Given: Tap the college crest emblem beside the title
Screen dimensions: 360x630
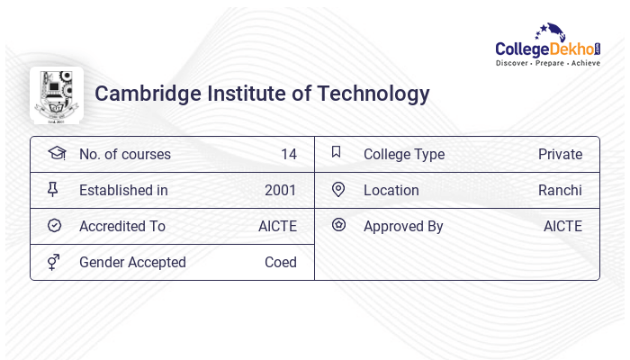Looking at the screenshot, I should pos(56,94).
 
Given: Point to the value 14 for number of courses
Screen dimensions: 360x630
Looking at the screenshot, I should pos(288,154).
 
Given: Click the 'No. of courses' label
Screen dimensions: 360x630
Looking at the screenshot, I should pos(124,154).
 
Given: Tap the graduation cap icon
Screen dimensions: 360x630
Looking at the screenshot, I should pos(56,153).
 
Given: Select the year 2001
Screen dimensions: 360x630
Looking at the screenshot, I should pos(280,190).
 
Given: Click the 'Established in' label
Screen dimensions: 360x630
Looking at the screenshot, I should pos(123,190).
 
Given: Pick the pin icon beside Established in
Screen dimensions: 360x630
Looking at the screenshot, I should pos(54,189).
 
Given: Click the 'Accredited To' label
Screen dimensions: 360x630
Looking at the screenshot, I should pos(122,226).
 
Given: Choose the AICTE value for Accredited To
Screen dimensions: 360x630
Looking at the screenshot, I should pos(277,226).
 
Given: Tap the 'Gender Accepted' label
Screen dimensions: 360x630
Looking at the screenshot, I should pos(132,262).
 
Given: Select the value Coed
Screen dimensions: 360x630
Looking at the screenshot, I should pos(280,262).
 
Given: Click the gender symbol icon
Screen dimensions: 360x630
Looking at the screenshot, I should pos(54,262).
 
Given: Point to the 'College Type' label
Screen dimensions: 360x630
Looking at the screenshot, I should pos(403,154).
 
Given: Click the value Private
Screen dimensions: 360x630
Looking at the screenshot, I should pos(560,154).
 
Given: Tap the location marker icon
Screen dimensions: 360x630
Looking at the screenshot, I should pos(337,189).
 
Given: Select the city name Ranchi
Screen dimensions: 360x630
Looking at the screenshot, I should pos(560,190).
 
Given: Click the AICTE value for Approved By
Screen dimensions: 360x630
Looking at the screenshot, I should pos(562,226).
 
